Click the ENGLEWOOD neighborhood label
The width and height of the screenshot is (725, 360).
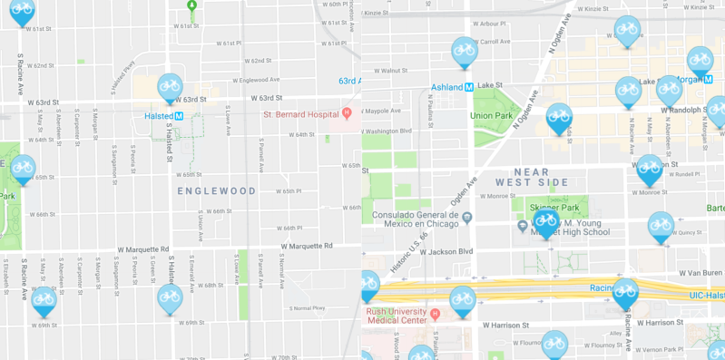click(217, 190)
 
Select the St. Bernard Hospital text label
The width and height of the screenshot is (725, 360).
click(300, 114)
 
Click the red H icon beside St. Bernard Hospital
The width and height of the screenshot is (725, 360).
click(347, 114)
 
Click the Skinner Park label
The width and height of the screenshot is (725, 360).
click(548, 208)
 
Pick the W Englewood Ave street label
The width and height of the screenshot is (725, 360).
click(255, 80)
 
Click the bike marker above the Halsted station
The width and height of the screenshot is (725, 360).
click(170, 87)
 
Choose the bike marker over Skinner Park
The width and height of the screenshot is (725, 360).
click(545, 221)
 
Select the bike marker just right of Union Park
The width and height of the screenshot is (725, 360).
click(559, 117)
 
